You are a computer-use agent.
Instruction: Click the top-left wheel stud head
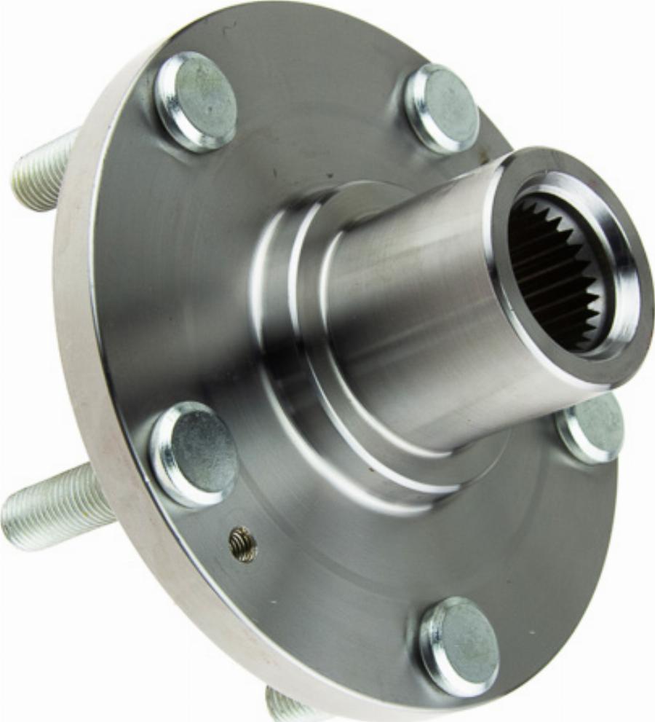196,101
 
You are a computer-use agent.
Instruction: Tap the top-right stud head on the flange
442,109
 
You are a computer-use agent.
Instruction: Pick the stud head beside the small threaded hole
194,454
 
